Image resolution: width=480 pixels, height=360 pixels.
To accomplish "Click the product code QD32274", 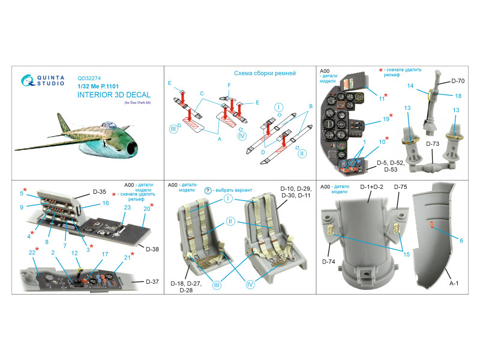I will (x=90, y=77).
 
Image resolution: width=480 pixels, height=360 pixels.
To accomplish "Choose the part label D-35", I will (x=99, y=192).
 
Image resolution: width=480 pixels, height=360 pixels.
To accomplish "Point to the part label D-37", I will (x=153, y=281).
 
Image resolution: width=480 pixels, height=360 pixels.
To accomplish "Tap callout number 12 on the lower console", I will (x=74, y=253).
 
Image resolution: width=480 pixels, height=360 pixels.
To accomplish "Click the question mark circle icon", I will (x=208, y=190).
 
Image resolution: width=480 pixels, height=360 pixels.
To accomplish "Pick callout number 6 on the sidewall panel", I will (x=461, y=240).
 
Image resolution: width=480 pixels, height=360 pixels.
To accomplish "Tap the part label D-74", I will (x=328, y=262).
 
